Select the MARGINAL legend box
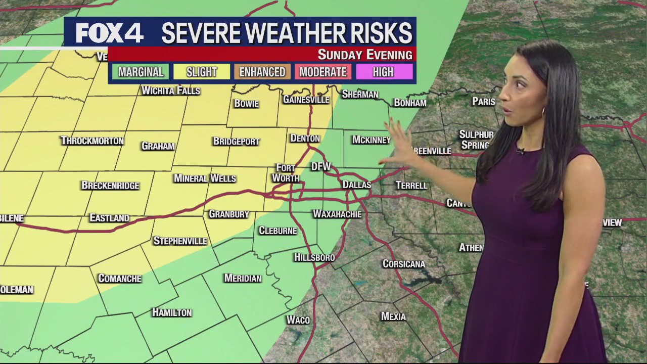tap(141, 72)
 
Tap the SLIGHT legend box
tap(201, 72)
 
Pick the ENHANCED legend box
tap(262, 72)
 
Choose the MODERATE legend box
tap(323, 72)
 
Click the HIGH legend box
tap(383, 72)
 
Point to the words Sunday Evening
tap(364, 55)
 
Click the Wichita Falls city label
tap(171, 90)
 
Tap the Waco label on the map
tap(298, 320)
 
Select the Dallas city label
tap(356, 185)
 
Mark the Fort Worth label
tap(286, 173)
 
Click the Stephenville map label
tap(180, 241)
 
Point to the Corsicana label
tap(403, 264)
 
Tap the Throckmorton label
tap(92, 141)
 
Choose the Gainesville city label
tap(306, 100)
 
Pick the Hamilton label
tap(172, 312)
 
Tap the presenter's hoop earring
tap(544, 112)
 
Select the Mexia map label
tap(393, 316)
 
